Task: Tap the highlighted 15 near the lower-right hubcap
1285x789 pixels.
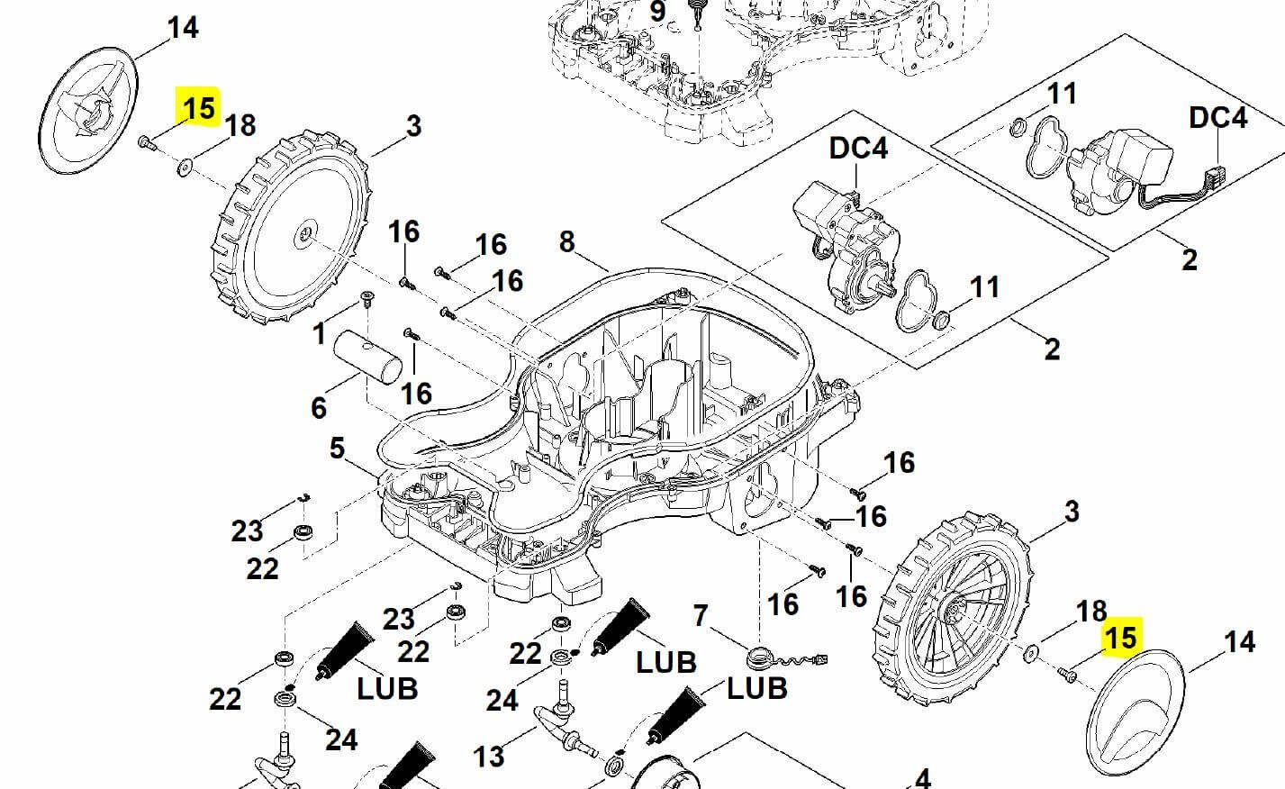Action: [1120, 638]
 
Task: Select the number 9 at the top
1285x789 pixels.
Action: [657, 12]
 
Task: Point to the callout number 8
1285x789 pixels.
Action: [566, 241]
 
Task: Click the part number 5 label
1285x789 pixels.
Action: [338, 449]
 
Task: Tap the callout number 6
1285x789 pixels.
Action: [319, 408]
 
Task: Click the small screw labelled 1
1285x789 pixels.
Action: [366, 298]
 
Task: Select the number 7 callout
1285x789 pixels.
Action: [700, 616]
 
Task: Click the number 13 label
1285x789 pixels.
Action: [489, 757]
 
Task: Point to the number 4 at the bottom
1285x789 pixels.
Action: [922, 779]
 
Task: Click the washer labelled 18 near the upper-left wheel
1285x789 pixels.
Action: [184, 168]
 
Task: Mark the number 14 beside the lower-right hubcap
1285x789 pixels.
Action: [1239, 641]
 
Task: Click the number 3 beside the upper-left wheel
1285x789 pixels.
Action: [413, 126]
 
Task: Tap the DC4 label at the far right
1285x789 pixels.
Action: [1217, 118]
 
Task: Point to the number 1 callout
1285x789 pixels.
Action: [319, 333]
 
